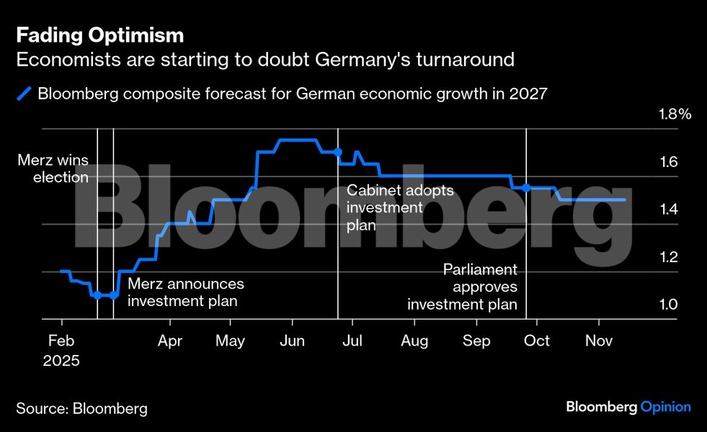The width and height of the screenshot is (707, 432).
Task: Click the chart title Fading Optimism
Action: click(100, 35)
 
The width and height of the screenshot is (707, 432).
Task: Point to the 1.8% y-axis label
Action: click(675, 114)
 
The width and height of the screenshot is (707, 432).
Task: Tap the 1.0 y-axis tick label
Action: click(669, 305)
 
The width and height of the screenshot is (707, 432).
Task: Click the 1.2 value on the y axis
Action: click(669, 257)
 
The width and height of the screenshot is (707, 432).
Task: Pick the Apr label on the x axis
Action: click(170, 341)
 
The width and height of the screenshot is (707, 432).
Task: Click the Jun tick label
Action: click(292, 341)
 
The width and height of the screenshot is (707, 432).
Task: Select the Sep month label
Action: click(476, 341)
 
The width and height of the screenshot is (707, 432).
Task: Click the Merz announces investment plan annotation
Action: click(185, 292)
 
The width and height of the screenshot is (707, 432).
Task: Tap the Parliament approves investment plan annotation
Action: click(463, 287)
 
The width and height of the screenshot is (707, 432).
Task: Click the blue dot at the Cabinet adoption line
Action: click(338, 152)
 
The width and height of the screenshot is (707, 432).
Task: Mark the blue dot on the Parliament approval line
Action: click(526, 188)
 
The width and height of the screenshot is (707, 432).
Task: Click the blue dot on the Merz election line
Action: click(97, 295)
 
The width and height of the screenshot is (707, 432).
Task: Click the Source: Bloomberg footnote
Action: click(81, 409)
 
